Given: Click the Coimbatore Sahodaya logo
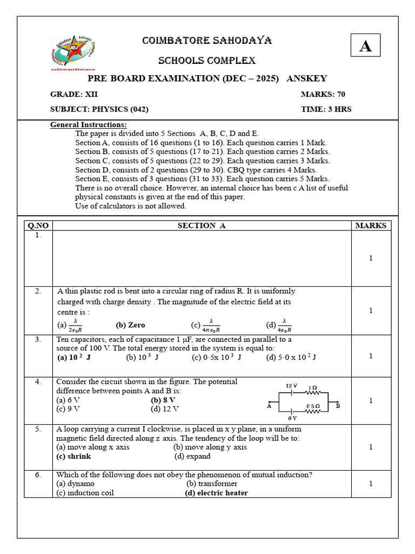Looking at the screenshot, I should (72, 52).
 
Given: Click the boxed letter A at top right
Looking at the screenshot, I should (365, 45).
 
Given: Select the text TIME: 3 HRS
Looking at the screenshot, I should (326, 109).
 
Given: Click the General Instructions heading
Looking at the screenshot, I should (89, 125).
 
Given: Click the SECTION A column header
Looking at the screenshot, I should (202, 226).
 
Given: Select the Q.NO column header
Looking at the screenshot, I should (38, 226).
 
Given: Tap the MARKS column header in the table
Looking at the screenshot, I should (371, 226).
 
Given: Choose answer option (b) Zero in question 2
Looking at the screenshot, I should (130, 325).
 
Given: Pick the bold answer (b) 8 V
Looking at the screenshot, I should (163, 400).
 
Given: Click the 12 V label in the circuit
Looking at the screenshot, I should (292, 386).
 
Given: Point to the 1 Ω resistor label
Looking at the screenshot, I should (312, 387).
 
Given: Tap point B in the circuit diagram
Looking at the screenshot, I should (338, 405).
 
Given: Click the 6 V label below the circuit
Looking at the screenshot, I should (292, 418).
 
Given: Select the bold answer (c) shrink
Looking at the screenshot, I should (73, 456).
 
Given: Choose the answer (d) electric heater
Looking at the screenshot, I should (216, 493).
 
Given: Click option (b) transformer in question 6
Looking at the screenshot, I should (212, 484).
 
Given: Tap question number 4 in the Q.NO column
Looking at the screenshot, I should (38, 381).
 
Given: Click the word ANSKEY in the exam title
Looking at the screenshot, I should (306, 78).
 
